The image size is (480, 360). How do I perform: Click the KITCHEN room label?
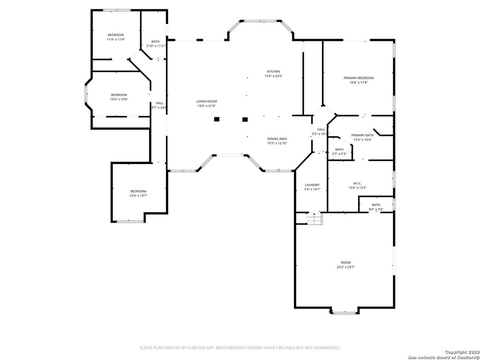[x=273, y=71]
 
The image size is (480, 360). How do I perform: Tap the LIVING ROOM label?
[x=206, y=101]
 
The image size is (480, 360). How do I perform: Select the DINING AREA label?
[x=277, y=139]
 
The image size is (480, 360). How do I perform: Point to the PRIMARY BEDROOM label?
[x=359, y=78]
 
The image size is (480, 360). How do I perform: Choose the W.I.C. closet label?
[x=357, y=183]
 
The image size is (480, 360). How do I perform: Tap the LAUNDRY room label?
[x=312, y=185]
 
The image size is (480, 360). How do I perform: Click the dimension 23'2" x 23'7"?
[x=345, y=267]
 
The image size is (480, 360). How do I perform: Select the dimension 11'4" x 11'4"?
[x=116, y=39]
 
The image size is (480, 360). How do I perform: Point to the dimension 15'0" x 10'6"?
[x=119, y=99]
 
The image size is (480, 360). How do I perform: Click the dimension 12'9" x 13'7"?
[x=138, y=195]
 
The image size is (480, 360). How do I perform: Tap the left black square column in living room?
[x=217, y=120]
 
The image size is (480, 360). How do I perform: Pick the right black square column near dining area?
[x=245, y=120]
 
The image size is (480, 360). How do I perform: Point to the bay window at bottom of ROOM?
[x=345, y=311]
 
